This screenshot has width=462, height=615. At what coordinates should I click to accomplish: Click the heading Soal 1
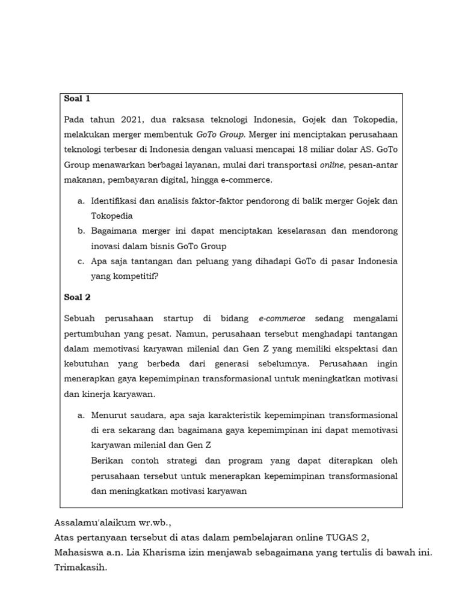(x=76, y=98)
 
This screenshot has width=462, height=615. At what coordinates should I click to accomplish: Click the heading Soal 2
(x=77, y=297)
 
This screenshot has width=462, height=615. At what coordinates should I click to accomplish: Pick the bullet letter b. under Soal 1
(x=81, y=231)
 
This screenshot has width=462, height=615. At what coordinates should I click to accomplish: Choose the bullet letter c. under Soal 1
(x=81, y=261)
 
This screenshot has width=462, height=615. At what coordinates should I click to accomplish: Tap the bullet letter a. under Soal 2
(x=81, y=415)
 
